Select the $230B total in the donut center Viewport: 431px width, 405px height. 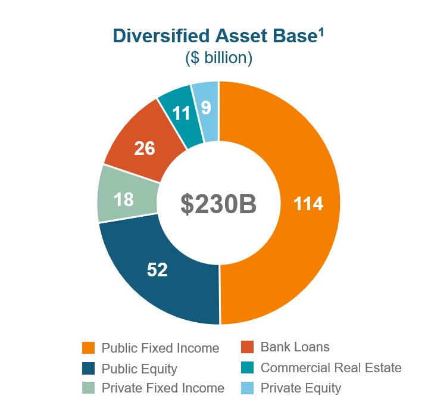pos(219,204)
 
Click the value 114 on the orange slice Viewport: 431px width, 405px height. pos(308,204)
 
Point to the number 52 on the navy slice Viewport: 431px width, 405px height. pos(157,270)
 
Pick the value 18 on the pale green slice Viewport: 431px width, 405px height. pos(124,199)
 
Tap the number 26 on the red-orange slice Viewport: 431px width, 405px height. pos(144,148)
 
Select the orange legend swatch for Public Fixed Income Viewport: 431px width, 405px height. pos(88,348)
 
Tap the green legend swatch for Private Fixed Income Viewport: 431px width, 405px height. pos(88,388)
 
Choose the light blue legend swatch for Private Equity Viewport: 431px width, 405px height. pos(248,388)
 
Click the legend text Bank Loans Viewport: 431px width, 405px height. pos(295,347)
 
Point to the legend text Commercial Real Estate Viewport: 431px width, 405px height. pos(331,367)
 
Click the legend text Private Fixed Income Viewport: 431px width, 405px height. pos(163,388)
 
